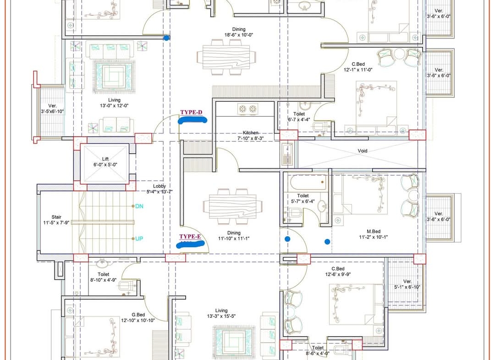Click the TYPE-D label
[x=191, y=112]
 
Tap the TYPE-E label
[x=190, y=237]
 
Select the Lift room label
[x=105, y=159]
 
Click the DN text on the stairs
[x=139, y=206]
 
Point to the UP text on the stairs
[x=139, y=239]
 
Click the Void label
[x=363, y=150]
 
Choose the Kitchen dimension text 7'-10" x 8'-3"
[x=250, y=138]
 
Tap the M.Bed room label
[x=374, y=232]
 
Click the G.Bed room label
[x=138, y=315]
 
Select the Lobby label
[x=159, y=186]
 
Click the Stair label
[x=56, y=217]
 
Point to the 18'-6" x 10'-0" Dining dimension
[x=239, y=35]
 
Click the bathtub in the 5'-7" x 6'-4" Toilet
[x=308, y=183]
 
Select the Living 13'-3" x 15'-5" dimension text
[x=221, y=316]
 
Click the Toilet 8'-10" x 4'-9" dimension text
[x=104, y=280]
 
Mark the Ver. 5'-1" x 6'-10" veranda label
[x=407, y=284]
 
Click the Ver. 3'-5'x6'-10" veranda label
[x=53, y=109]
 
